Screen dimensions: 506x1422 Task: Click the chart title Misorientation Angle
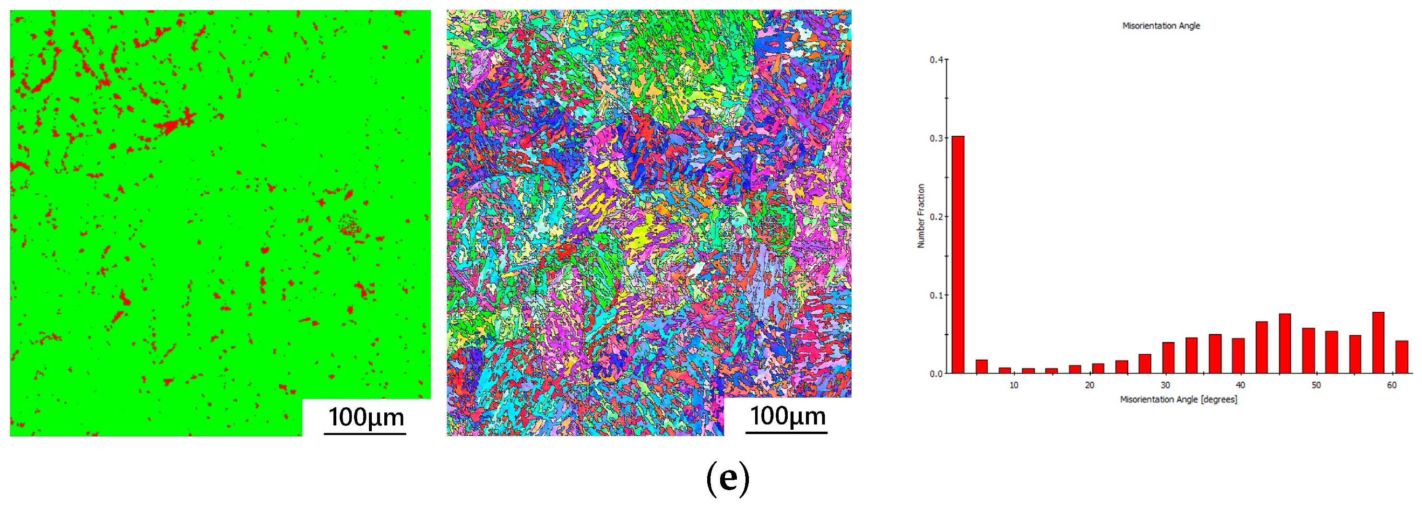click(1161, 26)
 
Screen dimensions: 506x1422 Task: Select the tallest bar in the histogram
click(958, 254)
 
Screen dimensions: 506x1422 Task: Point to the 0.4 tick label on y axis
click(936, 59)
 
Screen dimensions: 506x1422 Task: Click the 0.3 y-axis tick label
click(936, 138)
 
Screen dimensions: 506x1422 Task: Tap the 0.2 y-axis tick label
click(936, 216)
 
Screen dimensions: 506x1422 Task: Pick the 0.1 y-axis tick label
click(936, 295)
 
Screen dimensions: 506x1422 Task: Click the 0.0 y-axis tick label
click(936, 374)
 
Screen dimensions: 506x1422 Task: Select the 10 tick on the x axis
click(1014, 385)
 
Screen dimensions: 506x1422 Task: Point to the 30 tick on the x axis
click(1165, 385)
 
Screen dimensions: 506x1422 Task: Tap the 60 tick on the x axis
click(1392, 385)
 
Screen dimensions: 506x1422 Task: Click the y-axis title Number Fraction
click(921, 216)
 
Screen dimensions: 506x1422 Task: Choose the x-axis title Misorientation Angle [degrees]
click(1178, 400)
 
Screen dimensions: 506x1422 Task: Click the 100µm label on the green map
click(367, 417)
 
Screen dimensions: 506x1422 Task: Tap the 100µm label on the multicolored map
click(788, 416)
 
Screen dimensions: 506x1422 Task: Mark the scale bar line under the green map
click(365, 434)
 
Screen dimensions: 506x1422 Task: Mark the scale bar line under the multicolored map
click(786, 433)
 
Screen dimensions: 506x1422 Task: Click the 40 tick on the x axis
click(1240, 385)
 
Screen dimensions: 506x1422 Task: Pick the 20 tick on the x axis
click(1089, 385)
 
